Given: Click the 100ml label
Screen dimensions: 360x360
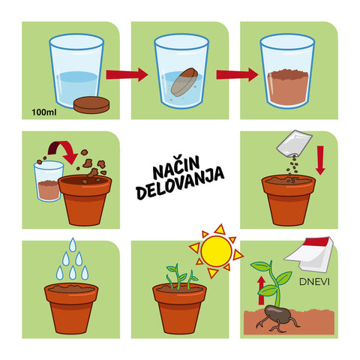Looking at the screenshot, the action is coord(44,112).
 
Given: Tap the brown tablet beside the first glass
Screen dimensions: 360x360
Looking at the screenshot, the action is coord(91,105).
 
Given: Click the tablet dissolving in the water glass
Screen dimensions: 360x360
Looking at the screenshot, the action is coord(184,82).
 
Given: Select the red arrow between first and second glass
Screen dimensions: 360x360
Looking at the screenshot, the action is coord(127,74).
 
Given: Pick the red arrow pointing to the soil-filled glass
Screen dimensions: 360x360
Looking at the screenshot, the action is coord(237,74).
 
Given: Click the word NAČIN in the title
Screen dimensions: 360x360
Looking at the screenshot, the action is coord(176,166).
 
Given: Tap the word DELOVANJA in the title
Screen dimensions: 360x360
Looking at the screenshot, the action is coord(180,184).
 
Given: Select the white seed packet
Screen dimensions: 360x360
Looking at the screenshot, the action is coord(294,143).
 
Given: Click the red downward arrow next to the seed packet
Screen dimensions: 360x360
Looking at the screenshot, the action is coord(320,160).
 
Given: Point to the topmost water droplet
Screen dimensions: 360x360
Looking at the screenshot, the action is coord(73,244).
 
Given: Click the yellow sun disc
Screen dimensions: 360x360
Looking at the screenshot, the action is coord(216,251).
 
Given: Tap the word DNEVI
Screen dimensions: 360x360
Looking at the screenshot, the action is coord(314,282).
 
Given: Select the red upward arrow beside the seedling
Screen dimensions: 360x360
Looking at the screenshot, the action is coord(261,290).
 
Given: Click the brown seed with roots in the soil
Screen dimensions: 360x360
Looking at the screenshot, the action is coord(277,313).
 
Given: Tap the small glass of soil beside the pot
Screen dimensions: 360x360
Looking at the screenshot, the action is coord(48,181).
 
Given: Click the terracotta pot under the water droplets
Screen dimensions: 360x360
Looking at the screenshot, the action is coord(71,309).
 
